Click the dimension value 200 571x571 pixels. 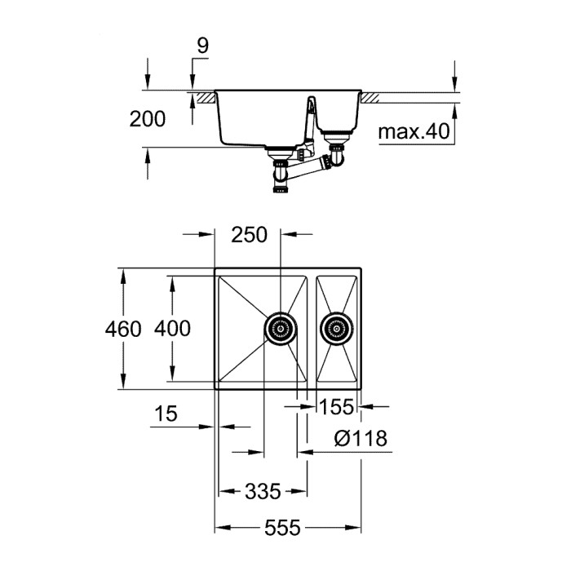[x=148, y=119]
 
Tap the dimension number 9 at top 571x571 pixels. [x=202, y=46]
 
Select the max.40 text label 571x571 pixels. [x=415, y=131]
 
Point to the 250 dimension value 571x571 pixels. [x=249, y=235]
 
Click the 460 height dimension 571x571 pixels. [x=124, y=329]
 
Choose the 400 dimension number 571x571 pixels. [x=172, y=329]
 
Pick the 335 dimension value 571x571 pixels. [x=263, y=491]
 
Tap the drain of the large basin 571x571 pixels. [x=280, y=330]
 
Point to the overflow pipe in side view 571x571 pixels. [x=310, y=122]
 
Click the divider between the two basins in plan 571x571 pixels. [x=312, y=329]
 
